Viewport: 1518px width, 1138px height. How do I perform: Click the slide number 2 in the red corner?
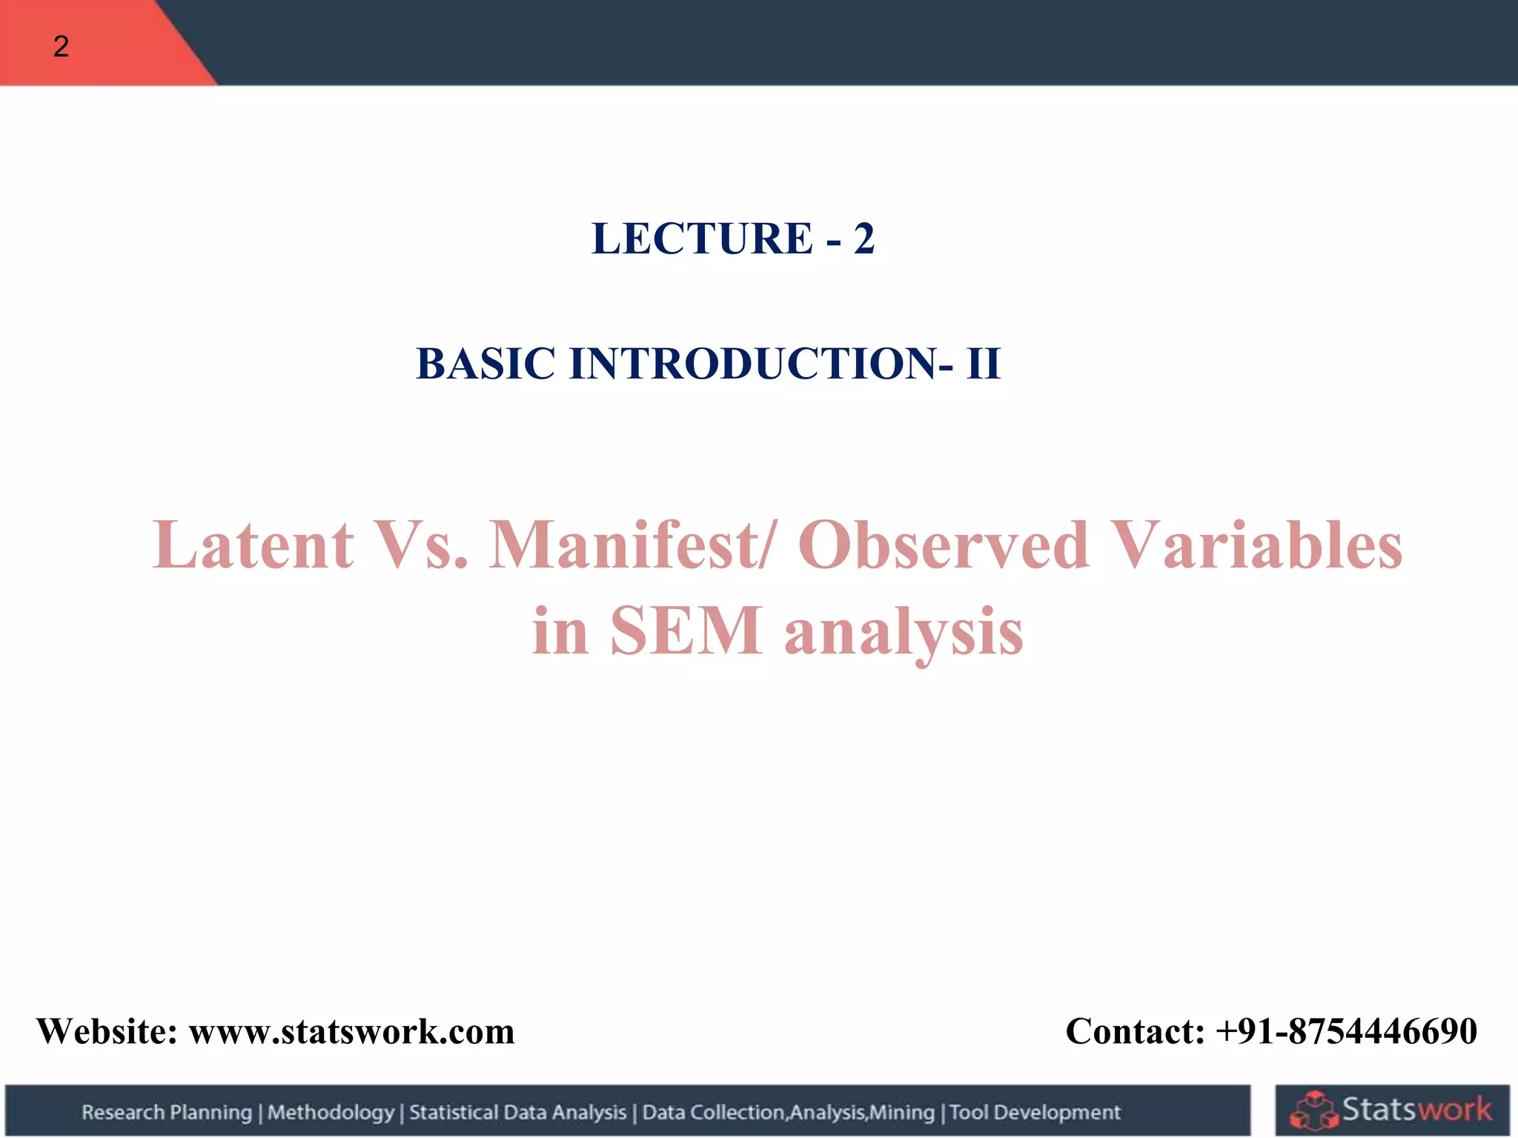pyautogui.click(x=61, y=47)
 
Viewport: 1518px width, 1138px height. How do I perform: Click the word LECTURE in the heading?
pyautogui.click(x=701, y=239)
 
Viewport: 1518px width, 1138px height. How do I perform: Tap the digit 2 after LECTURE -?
pyautogui.click(x=864, y=239)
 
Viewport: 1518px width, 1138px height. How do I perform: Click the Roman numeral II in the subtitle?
pyautogui.click(x=983, y=364)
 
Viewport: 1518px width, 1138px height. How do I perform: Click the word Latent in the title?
pyautogui.click(x=253, y=545)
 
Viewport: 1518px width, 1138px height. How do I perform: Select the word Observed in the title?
pyautogui.click(x=944, y=545)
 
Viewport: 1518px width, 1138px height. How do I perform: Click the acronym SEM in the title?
pyautogui.click(x=686, y=631)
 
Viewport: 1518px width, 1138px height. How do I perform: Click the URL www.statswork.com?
pyautogui.click(x=351, y=1031)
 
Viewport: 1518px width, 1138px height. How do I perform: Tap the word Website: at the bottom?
pyautogui.click(x=107, y=1031)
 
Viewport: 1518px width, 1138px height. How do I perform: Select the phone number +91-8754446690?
pyautogui.click(x=1346, y=1031)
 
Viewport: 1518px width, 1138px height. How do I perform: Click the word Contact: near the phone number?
pyautogui.click(x=1135, y=1031)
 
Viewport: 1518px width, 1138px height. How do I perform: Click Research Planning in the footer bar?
pyautogui.click(x=167, y=1112)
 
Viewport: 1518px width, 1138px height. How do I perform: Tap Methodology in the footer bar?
pyautogui.click(x=331, y=1112)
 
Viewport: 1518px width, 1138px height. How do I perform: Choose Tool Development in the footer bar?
pyautogui.click(x=1035, y=1112)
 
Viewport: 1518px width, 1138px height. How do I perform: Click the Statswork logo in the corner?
pyautogui.click(x=1391, y=1110)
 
